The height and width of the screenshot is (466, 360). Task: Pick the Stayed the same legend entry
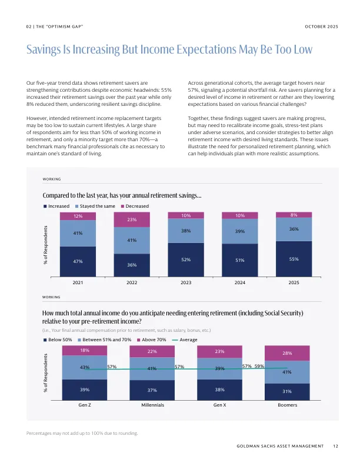click(x=96, y=207)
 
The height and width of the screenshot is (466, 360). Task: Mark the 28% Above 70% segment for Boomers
click(x=288, y=354)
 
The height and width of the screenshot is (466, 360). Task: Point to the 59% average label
click(x=259, y=366)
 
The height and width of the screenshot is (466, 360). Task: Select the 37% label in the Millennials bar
click(x=152, y=390)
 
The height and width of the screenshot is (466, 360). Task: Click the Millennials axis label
click(x=153, y=406)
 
